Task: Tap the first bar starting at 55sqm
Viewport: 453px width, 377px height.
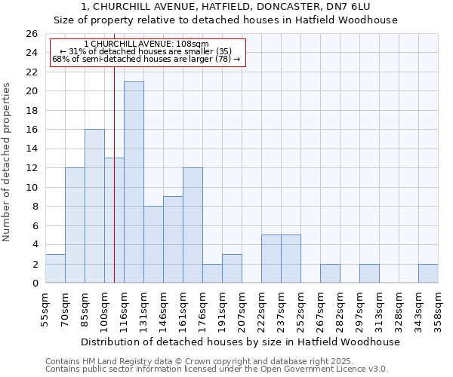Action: [55, 268]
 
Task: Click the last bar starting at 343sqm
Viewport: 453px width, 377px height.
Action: [428, 274]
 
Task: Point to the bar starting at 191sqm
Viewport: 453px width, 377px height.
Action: [232, 268]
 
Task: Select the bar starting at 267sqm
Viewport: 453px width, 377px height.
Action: [330, 274]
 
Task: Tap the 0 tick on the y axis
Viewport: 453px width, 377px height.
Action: [35, 284]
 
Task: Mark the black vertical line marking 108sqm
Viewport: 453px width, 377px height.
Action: [114, 188]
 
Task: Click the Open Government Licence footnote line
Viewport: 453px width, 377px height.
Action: [217, 369]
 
